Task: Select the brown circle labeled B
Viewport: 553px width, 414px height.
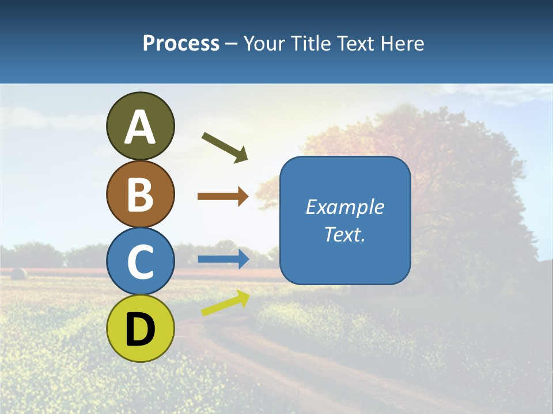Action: point(140,194)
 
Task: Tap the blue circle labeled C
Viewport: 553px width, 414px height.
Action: point(140,261)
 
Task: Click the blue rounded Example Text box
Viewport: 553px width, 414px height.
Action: point(345,220)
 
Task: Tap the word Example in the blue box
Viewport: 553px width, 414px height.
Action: point(344,207)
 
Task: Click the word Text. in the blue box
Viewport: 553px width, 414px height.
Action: point(344,235)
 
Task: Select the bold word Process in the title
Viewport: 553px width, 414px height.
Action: point(181,43)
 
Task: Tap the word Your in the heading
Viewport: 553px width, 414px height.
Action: point(264,43)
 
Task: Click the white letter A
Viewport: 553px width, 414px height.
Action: point(140,127)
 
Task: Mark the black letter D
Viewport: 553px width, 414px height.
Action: point(140,329)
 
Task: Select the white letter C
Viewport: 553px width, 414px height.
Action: point(140,262)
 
